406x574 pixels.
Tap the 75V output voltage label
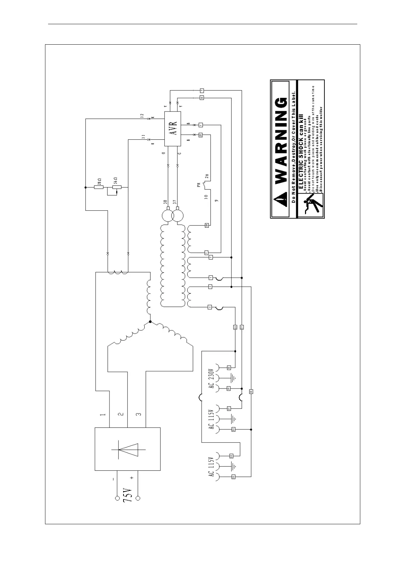[127, 495]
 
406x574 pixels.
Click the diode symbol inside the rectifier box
[128, 450]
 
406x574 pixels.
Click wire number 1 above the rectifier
[102, 415]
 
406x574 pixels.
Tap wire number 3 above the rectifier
[139, 415]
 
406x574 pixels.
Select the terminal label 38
[165, 202]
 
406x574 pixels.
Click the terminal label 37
[174, 202]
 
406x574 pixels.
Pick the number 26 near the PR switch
[207, 177]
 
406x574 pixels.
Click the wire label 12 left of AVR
[142, 116]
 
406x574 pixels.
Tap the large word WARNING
[280, 141]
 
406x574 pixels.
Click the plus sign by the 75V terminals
[132, 478]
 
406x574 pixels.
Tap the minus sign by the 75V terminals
[113, 479]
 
